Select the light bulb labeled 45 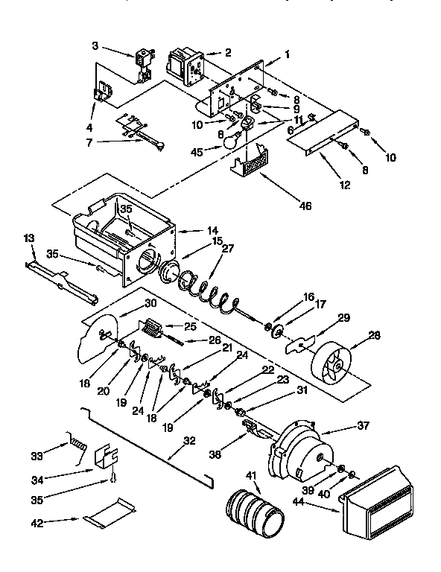tap(231, 139)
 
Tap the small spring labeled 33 tap(77, 445)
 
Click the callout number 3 tap(95, 46)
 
